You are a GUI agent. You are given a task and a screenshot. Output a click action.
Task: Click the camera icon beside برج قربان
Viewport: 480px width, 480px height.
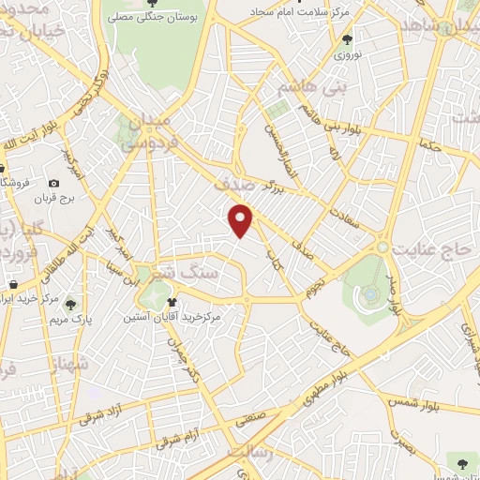[54, 183]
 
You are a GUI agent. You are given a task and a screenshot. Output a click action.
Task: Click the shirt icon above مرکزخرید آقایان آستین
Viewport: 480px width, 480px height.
[172, 303]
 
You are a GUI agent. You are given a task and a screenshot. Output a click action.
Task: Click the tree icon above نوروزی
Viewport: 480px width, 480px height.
[349, 39]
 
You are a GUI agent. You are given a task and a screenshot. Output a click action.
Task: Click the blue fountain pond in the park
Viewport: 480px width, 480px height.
[371, 294]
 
